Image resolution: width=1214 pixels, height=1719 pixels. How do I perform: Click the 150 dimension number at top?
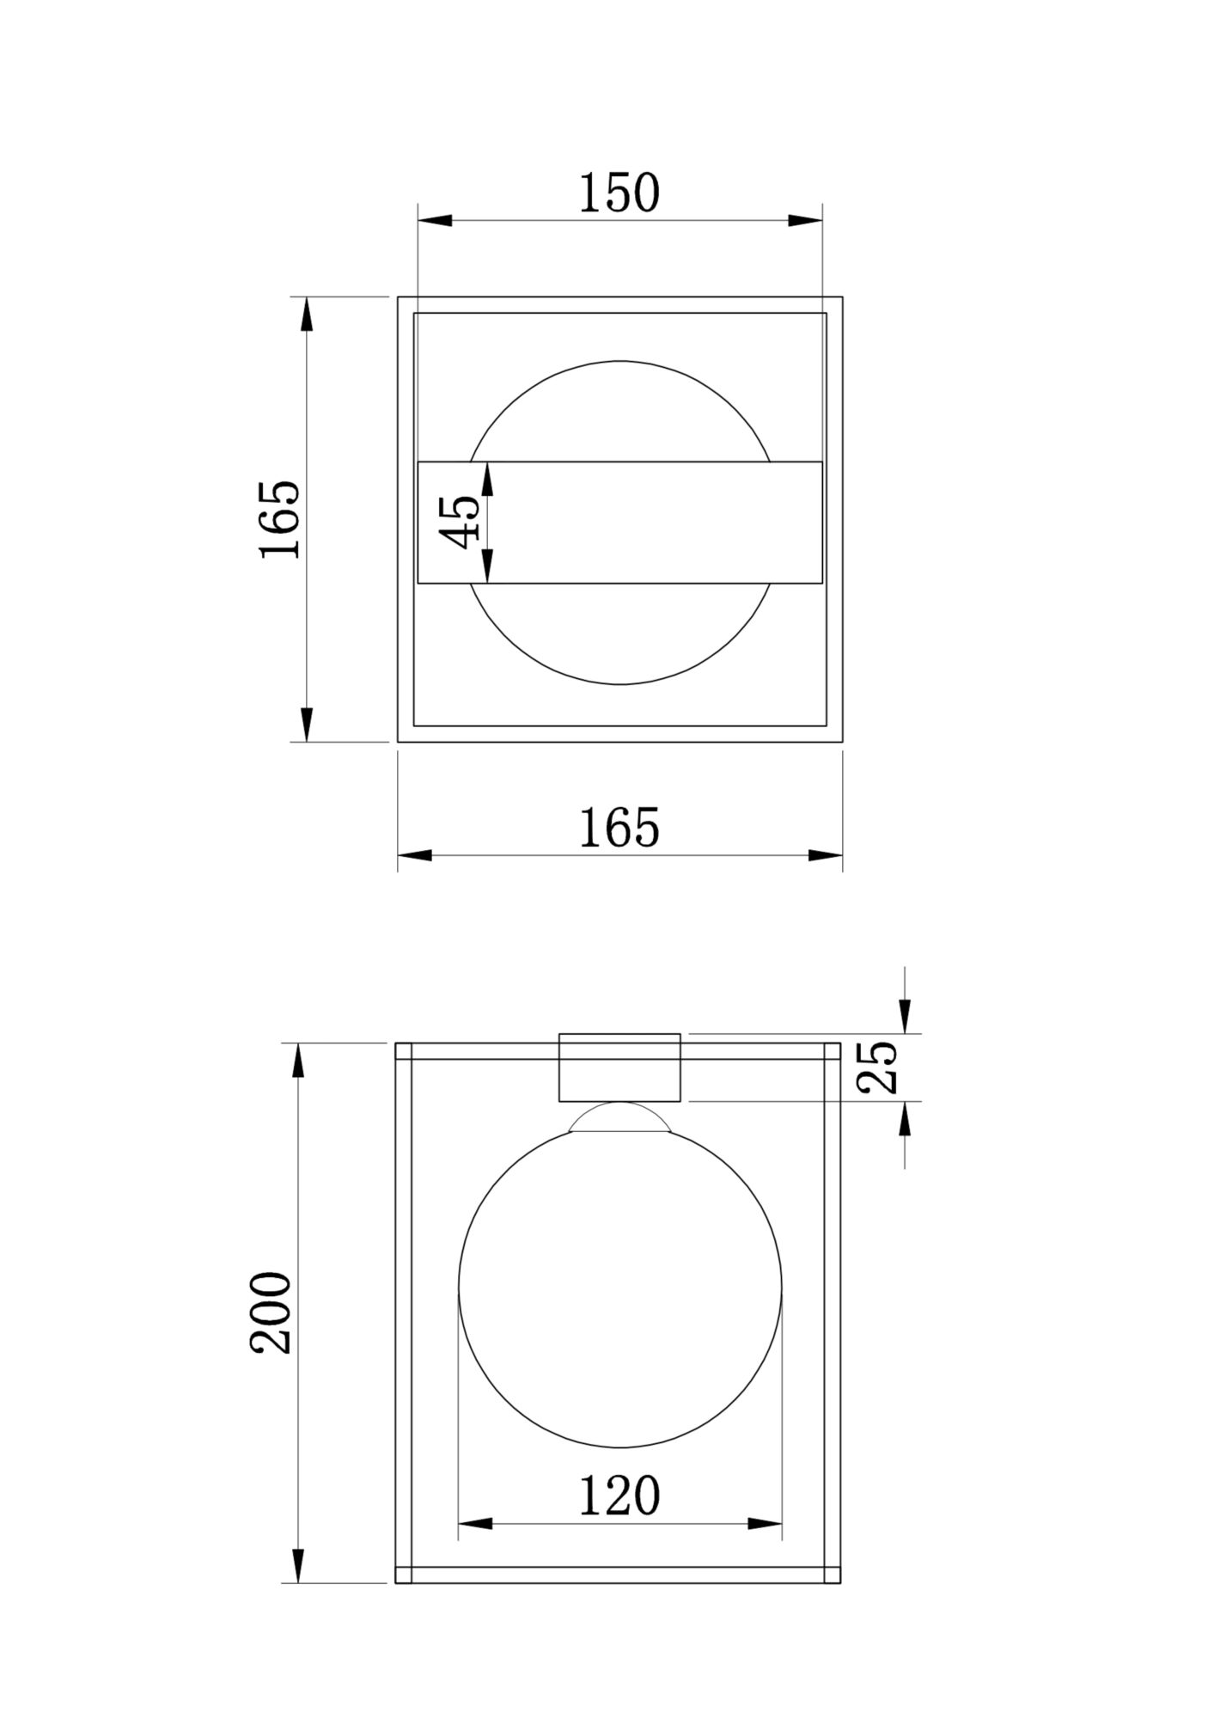click(x=619, y=193)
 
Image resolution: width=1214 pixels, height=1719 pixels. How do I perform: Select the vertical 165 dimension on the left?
click(x=280, y=519)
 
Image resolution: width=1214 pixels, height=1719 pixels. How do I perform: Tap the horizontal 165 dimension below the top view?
click(x=619, y=828)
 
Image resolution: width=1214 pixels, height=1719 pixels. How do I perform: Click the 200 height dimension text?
click(x=271, y=1312)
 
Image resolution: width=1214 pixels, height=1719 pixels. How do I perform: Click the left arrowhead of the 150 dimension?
click(x=435, y=220)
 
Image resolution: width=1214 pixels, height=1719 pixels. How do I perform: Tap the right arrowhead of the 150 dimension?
click(x=805, y=220)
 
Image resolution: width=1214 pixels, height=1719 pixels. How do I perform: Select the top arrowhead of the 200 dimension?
click(x=298, y=1061)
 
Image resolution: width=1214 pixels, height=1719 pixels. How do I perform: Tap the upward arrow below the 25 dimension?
click(x=905, y=1119)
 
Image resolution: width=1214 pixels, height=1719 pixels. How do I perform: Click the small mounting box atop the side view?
click(x=619, y=1067)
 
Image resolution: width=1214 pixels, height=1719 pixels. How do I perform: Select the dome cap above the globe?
click(x=619, y=1117)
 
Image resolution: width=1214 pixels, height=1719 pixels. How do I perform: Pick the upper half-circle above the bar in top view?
click(x=619, y=408)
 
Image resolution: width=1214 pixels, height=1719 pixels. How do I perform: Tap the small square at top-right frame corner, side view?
click(x=832, y=1050)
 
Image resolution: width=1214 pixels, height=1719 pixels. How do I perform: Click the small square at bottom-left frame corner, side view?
click(x=404, y=1575)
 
